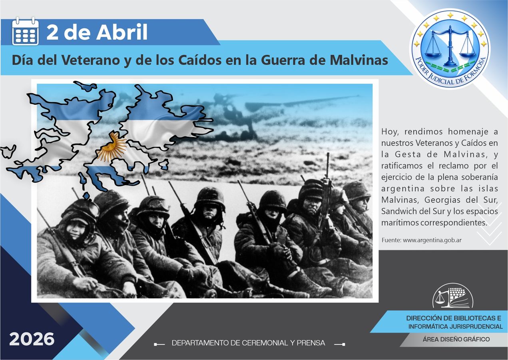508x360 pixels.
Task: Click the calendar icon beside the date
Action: point(25,32)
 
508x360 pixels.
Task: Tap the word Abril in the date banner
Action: point(122,32)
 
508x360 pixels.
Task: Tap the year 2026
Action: point(32,339)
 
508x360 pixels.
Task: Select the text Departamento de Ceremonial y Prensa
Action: point(248,343)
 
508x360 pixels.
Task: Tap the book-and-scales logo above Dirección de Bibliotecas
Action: point(452,297)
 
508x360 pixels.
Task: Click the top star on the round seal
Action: point(450,15)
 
